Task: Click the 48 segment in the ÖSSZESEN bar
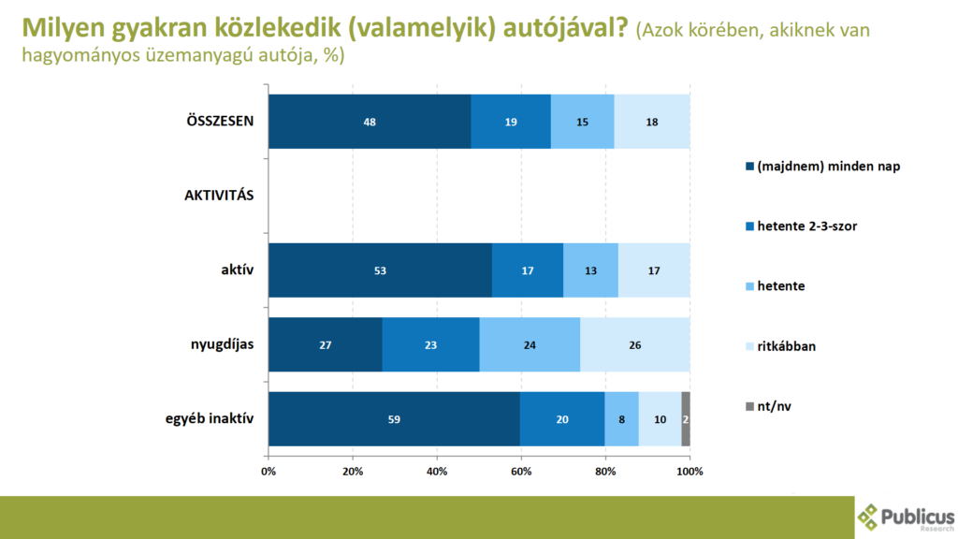(370, 122)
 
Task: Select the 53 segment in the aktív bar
(380, 270)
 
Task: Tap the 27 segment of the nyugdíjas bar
(326, 344)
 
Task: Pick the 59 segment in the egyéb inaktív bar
(394, 419)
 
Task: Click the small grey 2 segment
(686, 419)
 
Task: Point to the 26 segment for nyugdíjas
(635, 344)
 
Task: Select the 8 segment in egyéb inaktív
(622, 419)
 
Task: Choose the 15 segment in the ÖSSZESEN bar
(583, 122)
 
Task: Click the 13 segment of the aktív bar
(590, 270)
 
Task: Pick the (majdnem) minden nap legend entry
(821, 167)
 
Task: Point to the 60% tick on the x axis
(521, 470)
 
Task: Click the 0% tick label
(269, 470)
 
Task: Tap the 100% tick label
(689, 470)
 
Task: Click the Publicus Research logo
(907, 517)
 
